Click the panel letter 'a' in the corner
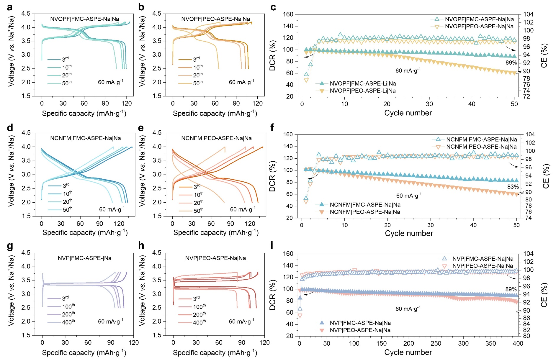point(9,7)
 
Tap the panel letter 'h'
point(141,246)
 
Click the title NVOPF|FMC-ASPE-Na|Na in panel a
point(84,19)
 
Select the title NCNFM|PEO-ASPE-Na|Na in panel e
point(216,138)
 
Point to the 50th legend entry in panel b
point(198,83)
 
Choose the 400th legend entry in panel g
point(68,322)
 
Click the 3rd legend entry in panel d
point(66,186)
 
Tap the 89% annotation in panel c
point(511,63)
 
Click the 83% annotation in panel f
point(513,187)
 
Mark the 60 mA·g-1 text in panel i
point(408,309)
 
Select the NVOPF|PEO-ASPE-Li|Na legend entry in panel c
point(362,91)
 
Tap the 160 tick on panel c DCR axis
point(288,14)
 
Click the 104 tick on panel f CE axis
point(530,134)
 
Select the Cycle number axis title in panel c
point(408,113)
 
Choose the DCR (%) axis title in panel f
point(272,176)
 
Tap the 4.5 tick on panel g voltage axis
point(26,253)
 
